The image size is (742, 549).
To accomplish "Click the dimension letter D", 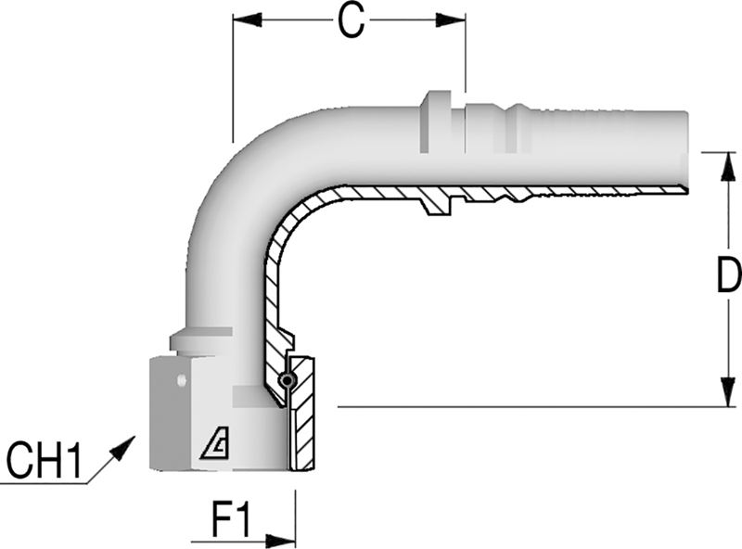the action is click(729, 275).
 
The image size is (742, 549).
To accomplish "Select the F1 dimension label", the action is click(231, 521).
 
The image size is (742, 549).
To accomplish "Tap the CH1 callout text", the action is click(45, 460).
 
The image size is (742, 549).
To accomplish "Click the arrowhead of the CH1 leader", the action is click(123, 448).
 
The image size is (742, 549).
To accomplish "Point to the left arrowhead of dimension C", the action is click(247, 20).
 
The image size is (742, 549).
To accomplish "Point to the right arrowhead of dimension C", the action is click(451, 20).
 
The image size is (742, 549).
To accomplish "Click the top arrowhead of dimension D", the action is click(728, 167).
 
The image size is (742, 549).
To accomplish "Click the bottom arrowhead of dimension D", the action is click(728, 392).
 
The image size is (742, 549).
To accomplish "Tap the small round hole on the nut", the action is click(180, 380).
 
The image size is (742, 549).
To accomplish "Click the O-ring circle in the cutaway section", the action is click(287, 380).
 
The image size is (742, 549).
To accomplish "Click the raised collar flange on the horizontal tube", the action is click(434, 121).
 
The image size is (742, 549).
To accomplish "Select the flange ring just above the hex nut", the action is click(200, 340).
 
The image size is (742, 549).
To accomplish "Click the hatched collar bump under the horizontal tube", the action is click(437, 204).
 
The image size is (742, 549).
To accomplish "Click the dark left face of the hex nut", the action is click(171, 414).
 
